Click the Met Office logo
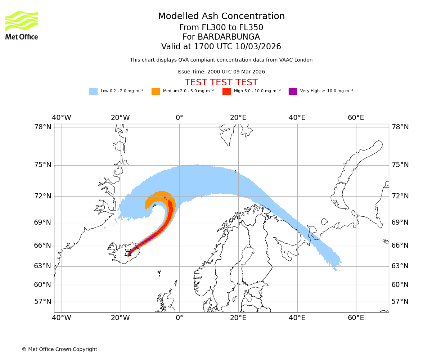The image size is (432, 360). tap(22, 25)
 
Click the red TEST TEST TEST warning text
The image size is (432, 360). tap(221, 83)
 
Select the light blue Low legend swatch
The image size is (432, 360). tap(93, 91)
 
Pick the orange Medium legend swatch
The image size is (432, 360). tap(156, 91)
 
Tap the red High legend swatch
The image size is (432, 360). tap(226, 91)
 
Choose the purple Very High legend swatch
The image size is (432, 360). tap(293, 91)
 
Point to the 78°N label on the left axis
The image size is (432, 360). tap(43, 127)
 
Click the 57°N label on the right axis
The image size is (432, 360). tap(400, 302)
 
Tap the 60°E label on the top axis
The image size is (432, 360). tap(356, 118)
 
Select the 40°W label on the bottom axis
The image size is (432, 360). tap(61, 318)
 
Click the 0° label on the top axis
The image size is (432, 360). tap(179, 118)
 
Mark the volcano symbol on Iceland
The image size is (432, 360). tap(128, 253)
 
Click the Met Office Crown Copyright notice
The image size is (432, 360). tap(59, 350)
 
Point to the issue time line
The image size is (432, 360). tap(221, 72)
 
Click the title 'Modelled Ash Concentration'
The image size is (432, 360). tap(221, 16)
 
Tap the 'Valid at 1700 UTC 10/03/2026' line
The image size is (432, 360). tap(221, 47)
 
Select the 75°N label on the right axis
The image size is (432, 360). tap(400, 165)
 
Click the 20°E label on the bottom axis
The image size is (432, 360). tap(238, 318)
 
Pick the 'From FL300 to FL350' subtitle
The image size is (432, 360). tap(221, 28)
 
